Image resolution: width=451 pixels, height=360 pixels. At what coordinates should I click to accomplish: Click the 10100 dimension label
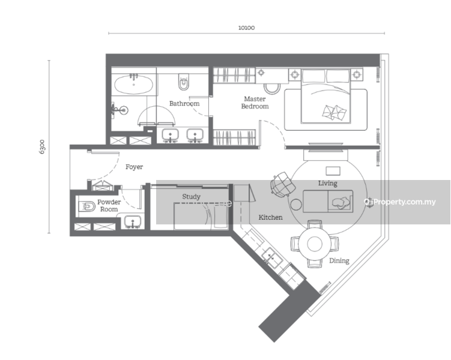pyautogui.click(x=246, y=28)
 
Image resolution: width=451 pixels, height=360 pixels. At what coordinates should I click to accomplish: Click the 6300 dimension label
pyautogui.click(x=42, y=147)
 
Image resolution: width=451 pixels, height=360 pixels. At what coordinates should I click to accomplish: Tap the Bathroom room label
pyautogui.click(x=184, y=103)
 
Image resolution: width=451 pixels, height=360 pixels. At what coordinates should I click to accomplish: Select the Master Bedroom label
pyautogui.click(x=255, y=103)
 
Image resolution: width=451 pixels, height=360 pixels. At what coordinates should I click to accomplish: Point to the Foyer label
pyautogui.click(x=134, y=167)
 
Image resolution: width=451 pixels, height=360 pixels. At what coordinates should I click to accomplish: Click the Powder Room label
pyautogui.click(x=109, y=205)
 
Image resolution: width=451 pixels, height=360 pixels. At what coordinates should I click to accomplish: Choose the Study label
pyautogui.click(x=192, y=197)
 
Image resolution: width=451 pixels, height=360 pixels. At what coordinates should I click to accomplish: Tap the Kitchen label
pyautogui.click(x=270, y=217)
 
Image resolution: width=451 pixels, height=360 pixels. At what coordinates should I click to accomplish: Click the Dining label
pyautogui.click(x=339, y=260)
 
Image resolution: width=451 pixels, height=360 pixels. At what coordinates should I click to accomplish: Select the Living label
pyautogui.click(x=328, y=184)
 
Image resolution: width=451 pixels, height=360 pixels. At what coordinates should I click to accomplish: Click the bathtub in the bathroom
pyautogui.click(x=133, y=85)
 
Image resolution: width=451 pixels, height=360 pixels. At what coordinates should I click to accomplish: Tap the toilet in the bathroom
pyautogui.click(x=184, y=82)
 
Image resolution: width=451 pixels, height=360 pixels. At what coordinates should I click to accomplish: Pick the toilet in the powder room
pyautogui.click(x=87, y=206)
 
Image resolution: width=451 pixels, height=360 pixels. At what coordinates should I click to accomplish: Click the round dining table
pyautogui.click(x=315, y=244)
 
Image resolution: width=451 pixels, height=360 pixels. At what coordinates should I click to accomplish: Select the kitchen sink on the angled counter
pyautogui.click(x=272, y=257)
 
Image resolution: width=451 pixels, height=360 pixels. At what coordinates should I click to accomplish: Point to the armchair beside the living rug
pyautogui.click(x=283, y=185)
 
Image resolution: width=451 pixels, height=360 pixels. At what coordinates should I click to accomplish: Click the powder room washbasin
pyautogui.click(x=133, y=222)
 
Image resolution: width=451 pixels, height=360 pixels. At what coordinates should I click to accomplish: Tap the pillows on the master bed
pyautogui.click(x=334, y=112)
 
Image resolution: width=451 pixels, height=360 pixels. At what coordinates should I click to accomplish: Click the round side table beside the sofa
pyautogui.click(x=296, y=205)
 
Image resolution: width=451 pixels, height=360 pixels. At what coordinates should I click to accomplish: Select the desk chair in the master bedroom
pyautogui.click(x=272, y=89)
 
